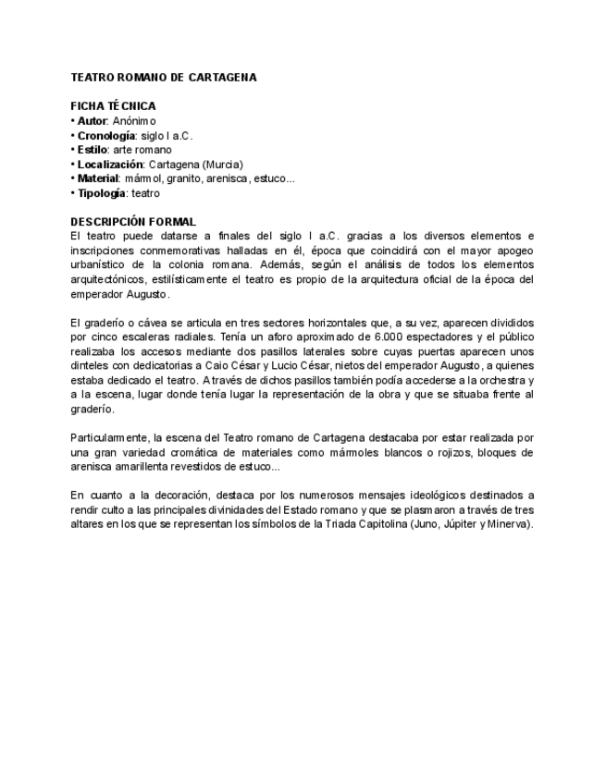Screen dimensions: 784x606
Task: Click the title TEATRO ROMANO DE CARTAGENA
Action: tap(164, 78)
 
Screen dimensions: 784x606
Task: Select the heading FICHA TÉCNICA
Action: tap(113, 106)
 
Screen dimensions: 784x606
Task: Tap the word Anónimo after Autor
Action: tap(135, 121)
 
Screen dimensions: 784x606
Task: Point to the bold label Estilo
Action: tap(92, 150)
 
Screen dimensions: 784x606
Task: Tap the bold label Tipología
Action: tap(100, 193)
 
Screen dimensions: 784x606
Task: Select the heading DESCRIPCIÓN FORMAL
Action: tap(133, 222)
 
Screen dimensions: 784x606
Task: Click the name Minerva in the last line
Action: tap(511, 524)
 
